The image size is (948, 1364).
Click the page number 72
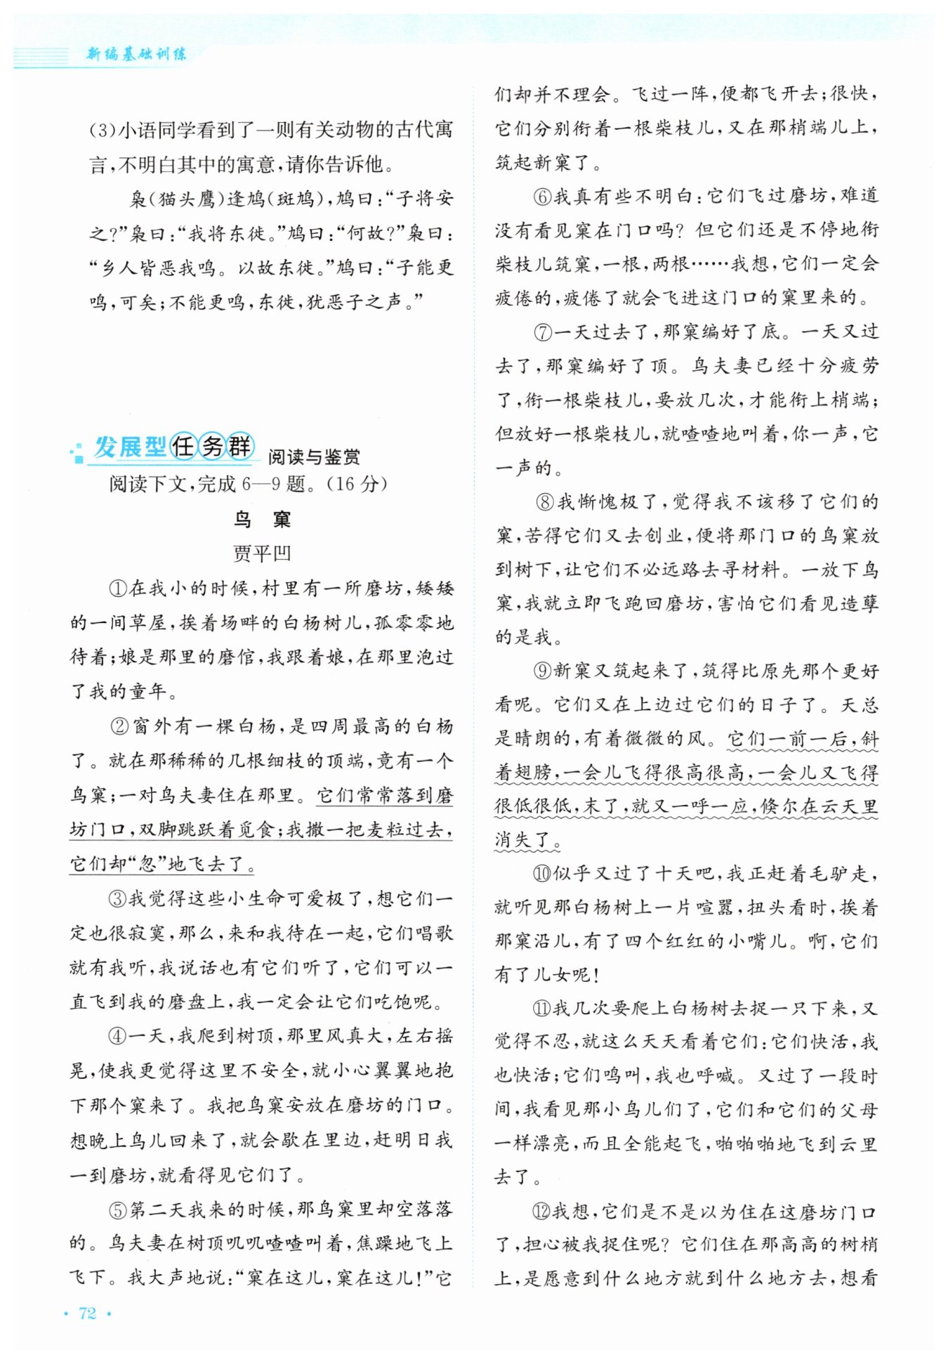tap(87, 1313)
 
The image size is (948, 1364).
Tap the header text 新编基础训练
tap(136, 54)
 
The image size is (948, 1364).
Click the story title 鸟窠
tap(262, 520)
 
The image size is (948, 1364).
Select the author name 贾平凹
tap(262, 553)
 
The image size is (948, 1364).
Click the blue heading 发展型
tap(131, 447)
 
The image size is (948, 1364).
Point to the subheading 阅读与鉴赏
tap(314, 457)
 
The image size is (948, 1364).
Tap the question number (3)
tap(103, 131)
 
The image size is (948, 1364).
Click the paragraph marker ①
tap(118, 589)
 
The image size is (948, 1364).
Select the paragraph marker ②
tap(120, 726)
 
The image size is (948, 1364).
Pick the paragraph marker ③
tap(118, 898)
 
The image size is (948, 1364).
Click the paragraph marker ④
tap(118, 1036)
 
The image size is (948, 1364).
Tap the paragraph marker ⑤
tap(118, 1209)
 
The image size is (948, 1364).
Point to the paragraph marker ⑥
tap(543, 196)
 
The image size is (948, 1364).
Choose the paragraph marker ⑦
tap(543, 332)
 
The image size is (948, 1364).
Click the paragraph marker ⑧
tap(546, 502)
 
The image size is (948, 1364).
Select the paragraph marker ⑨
tap(543, 671)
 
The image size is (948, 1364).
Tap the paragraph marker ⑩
tap(543, 874)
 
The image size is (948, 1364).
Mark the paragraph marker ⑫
tap(543, 1211)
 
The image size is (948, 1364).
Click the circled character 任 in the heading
tap(184, 446)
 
